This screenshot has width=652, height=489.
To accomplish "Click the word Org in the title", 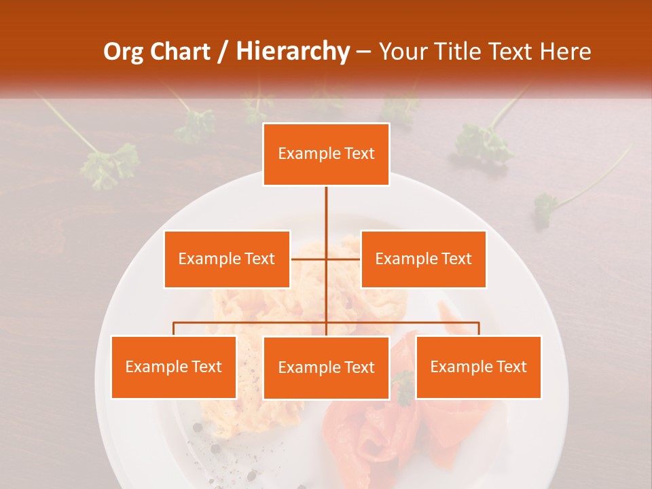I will click(125, 52).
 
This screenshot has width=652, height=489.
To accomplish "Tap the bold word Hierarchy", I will click(292, 52).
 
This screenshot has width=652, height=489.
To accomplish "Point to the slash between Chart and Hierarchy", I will click(222, 52).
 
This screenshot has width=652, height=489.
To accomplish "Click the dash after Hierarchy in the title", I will click(363, 52).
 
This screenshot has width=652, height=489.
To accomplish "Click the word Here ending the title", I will click(565, 52).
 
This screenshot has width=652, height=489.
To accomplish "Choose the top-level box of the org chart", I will click(326, 154).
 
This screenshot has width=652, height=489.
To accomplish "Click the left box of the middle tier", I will click(227, 259).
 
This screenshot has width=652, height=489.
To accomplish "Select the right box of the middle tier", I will click(423, 259).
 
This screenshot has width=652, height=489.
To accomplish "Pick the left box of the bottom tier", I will click(173, 367).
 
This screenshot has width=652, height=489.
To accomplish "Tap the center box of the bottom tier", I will click(326, 367).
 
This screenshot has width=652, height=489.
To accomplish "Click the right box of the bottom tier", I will click(478, 367).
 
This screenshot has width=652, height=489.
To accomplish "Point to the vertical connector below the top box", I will click(326, 211).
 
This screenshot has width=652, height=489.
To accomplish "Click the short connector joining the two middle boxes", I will click(309, 259).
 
